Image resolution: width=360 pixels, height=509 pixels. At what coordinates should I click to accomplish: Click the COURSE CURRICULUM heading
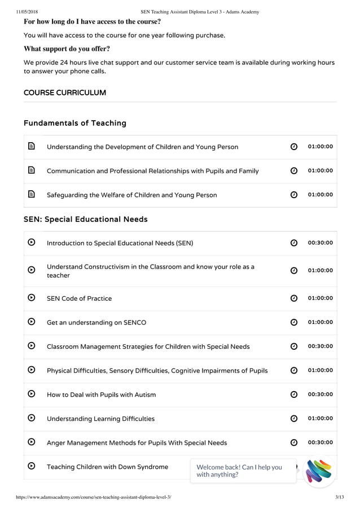65,93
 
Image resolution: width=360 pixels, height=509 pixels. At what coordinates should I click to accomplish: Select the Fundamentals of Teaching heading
75,123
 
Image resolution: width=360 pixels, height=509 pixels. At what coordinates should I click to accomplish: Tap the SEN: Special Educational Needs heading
86,219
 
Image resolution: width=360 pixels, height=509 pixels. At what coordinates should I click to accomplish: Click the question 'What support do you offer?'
67,49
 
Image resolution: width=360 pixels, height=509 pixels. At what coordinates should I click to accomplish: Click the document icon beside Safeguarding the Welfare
32,195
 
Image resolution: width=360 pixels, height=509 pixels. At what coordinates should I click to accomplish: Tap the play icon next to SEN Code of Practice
32,298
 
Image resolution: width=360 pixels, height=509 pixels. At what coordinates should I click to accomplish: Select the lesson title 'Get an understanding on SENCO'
96,322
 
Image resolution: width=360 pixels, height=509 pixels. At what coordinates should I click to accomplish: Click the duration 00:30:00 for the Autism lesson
320,394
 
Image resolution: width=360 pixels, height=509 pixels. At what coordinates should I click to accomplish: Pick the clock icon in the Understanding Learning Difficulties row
294,419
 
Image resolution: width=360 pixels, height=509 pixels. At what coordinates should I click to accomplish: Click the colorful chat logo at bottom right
319,471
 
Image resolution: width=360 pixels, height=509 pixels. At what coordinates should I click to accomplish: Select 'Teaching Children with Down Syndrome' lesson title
107,467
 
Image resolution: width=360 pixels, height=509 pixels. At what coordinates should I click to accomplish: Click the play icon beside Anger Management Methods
32,442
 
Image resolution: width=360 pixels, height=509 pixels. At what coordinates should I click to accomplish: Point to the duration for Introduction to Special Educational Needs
320,243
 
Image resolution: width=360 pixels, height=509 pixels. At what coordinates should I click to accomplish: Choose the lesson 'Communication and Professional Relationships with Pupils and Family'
152,171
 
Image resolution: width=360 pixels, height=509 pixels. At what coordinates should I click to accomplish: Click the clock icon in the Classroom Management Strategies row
294,346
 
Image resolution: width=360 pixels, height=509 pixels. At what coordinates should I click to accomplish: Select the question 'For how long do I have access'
92,22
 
